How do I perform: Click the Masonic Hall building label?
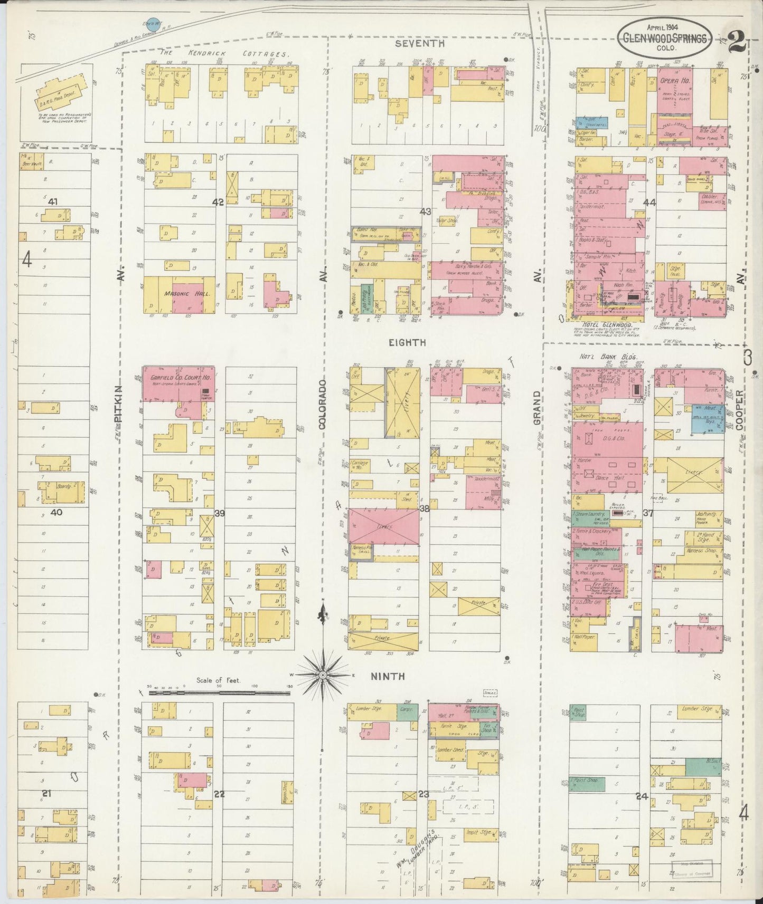180,294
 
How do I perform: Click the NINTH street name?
387,676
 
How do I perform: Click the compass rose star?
322,675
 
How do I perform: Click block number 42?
218,202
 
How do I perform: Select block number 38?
424,508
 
